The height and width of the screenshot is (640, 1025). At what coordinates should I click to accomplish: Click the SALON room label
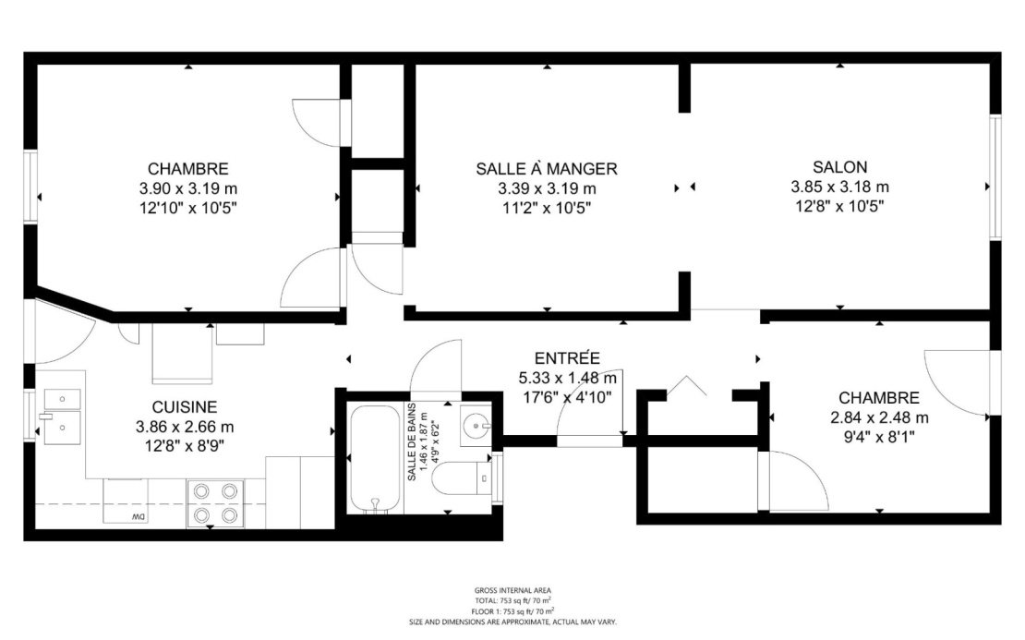tap(840, 167)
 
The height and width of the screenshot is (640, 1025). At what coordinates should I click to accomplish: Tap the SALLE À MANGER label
tap(547, 169)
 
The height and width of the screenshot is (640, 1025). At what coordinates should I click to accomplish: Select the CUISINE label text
tap(185, 407)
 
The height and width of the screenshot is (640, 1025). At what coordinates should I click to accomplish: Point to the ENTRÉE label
tap(567, 357)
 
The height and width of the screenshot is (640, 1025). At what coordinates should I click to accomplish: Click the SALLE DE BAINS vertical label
tap(412, 442)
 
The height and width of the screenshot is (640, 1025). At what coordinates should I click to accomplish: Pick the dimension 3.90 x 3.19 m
tap(188, 189)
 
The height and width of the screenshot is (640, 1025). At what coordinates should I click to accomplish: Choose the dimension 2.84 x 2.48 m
tap(879, 417)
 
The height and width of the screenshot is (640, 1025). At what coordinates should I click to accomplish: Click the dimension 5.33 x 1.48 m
tap(567, 378)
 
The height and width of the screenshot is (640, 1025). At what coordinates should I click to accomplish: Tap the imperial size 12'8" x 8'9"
tap(185, 446)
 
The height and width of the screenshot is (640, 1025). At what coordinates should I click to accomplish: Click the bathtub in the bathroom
tap(375, 459)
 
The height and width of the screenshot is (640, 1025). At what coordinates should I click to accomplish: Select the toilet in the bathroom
tap(463, 478)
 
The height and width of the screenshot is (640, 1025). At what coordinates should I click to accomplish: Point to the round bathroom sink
tap(474, 427)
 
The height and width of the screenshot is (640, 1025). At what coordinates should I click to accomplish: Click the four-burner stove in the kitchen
tap(215, 503)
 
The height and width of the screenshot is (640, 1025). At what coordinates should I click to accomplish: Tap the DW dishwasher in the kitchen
tap(125, 501)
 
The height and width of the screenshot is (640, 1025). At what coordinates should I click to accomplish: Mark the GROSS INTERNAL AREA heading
tap(512, 590)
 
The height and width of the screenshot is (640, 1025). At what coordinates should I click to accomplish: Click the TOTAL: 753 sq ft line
tap(512, 601)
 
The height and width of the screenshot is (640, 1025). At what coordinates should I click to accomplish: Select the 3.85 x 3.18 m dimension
tap(840, 187)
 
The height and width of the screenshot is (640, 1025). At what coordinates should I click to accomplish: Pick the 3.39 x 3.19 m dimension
tap(548, 189)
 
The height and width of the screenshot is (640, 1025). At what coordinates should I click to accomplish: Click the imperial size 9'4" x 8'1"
tap(879, 438)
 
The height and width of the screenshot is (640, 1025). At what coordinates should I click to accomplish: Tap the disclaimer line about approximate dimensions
tap(512, 622)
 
